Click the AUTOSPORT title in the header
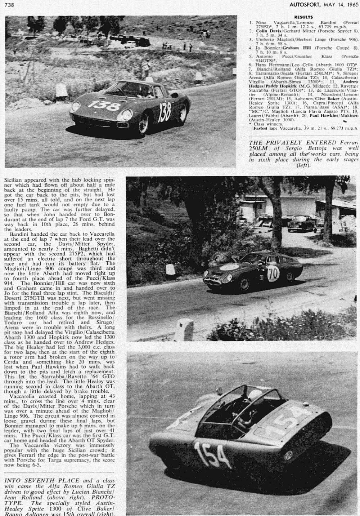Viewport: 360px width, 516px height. point(303,4)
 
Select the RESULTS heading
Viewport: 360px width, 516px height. point(303,17)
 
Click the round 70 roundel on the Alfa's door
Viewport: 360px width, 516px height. point(274,275)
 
